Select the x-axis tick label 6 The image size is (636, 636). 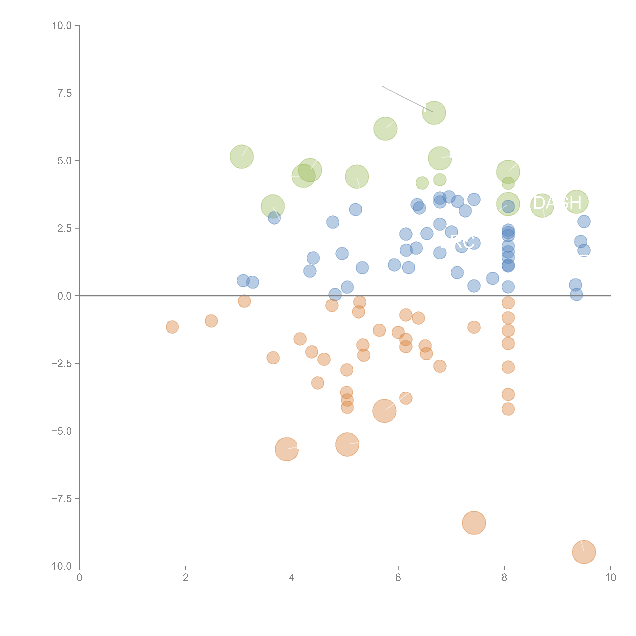tap(398, 578)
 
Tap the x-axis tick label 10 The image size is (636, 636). tap(610, 578)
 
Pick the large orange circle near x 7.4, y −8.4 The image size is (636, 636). tap(474, 523)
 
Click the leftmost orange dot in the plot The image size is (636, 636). tap(172, 327)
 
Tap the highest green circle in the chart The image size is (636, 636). tap(434, 113)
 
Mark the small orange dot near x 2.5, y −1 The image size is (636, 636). tap(211, 321)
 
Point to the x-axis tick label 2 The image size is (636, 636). tap(186, 578)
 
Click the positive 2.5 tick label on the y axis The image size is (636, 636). tap(64, 228)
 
